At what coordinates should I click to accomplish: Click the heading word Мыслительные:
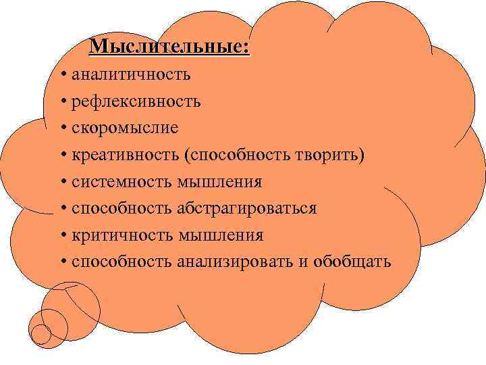coord(169,47)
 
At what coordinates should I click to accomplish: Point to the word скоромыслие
coord(125,127)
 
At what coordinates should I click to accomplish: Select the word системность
coord(121,181)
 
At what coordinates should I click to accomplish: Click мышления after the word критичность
coord(220,235)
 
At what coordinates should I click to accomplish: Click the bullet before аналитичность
coord(62,74)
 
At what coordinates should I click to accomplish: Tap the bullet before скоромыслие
coord(62,128)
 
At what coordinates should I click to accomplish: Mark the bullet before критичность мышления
coord(62,235)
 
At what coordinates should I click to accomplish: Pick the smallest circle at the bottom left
coord(41,335)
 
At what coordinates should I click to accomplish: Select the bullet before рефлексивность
coord(62,101)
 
